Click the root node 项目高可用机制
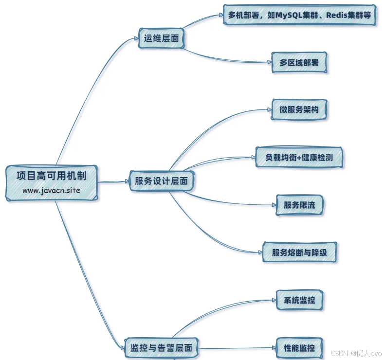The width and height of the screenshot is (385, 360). point(51,176)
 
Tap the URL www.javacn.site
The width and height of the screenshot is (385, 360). point(51,190)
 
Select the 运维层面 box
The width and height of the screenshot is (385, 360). point(162,38)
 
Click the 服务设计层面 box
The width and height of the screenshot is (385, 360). point(162,181)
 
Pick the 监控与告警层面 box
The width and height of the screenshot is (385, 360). point(161,348)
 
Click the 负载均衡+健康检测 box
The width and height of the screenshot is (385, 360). point(299,157)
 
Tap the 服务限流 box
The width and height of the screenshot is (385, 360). point(299,205)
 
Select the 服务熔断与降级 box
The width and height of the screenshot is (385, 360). point(299,252)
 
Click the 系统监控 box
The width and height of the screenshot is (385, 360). point(299,300)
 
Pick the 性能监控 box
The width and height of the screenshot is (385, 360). point(299,348)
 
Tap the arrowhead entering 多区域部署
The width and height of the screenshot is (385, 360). point(269,63)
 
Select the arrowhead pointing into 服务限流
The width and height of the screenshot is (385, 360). point(272,205)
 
